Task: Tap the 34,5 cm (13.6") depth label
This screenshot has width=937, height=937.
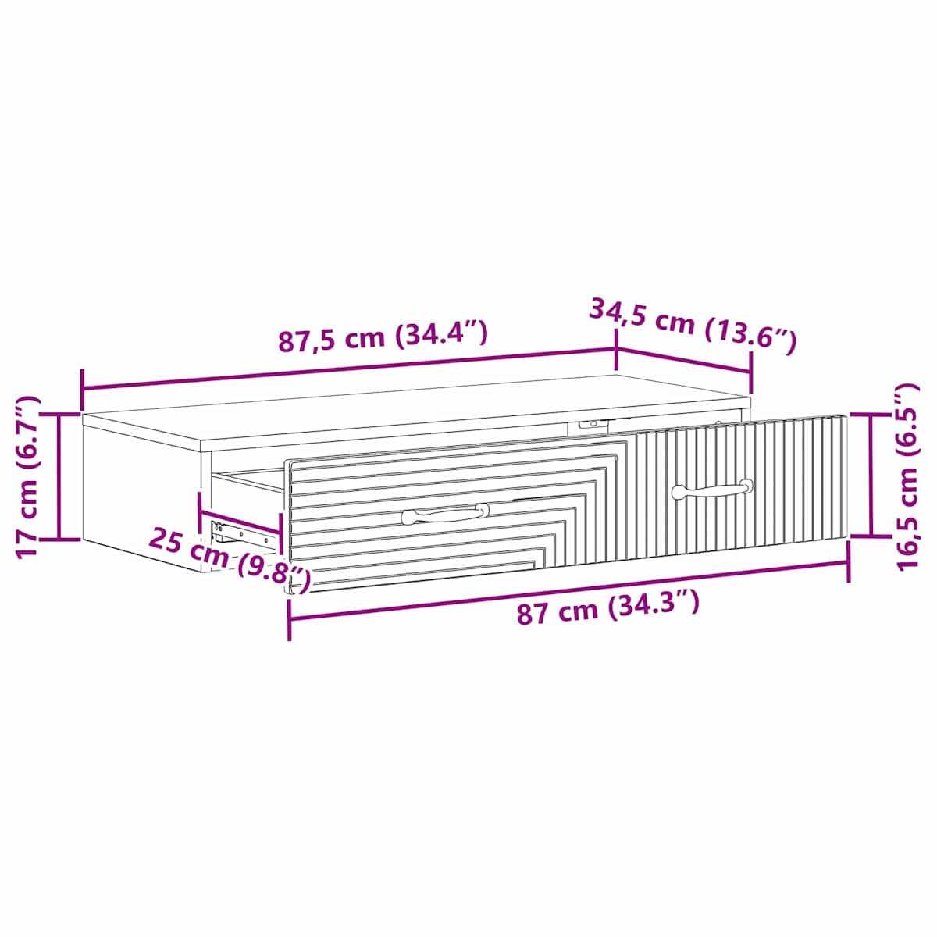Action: pyautogui.click(x=693, y=326)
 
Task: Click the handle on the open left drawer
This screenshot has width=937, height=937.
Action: pyautogui.click(x=445, y=514)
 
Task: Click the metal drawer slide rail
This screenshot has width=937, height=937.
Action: pyautogui.click(x=241, y=534)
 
